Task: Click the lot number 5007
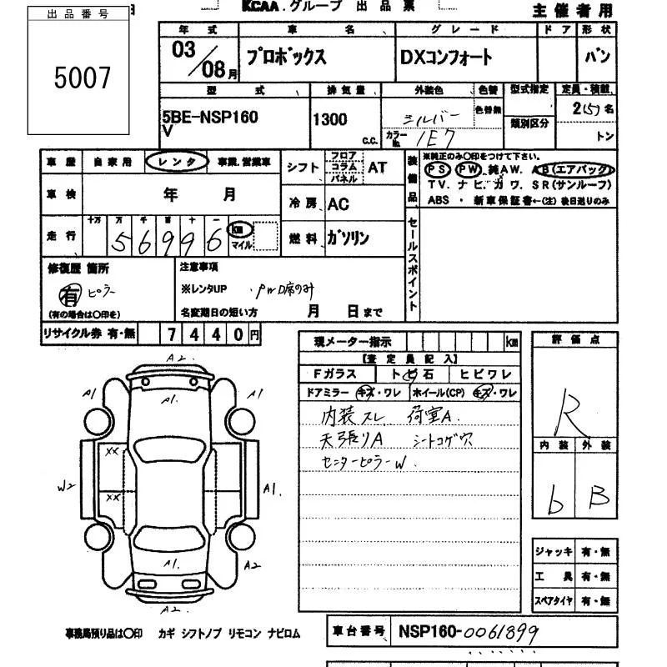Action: point(82,78)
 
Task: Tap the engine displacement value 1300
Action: point(329,119)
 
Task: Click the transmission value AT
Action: point(377,167)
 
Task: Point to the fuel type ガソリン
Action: point(347,238)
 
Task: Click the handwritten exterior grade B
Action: point(599,498)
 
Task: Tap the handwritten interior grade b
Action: point(554,498)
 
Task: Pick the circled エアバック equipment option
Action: point(584,169)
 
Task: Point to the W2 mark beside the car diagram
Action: point(65,484)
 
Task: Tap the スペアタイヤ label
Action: point(554,600)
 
